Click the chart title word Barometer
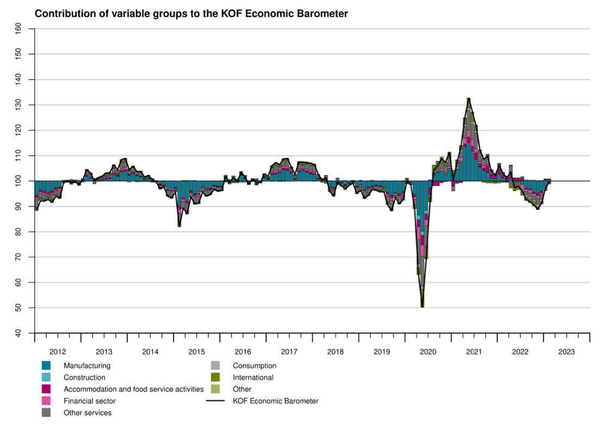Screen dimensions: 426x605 click(322, 14)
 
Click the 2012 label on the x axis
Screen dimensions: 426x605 click(58, 351)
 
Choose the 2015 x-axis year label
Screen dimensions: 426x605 click(196, 351)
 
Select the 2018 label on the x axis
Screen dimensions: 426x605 click(335, 351)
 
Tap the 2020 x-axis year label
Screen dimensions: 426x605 click(428, 351)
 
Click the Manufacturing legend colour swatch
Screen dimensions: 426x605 click(46, 366)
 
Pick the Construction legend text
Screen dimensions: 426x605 click(84, 377)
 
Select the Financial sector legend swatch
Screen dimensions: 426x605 click(46, 401)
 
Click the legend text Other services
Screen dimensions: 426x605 click(88, 413)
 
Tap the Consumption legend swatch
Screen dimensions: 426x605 click(215, 366)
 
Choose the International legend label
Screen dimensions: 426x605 click(253, 377)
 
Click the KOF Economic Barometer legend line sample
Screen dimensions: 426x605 click(215, 401)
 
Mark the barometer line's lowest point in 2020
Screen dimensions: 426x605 click(422, 307)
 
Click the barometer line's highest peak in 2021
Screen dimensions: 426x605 click(468, 98)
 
